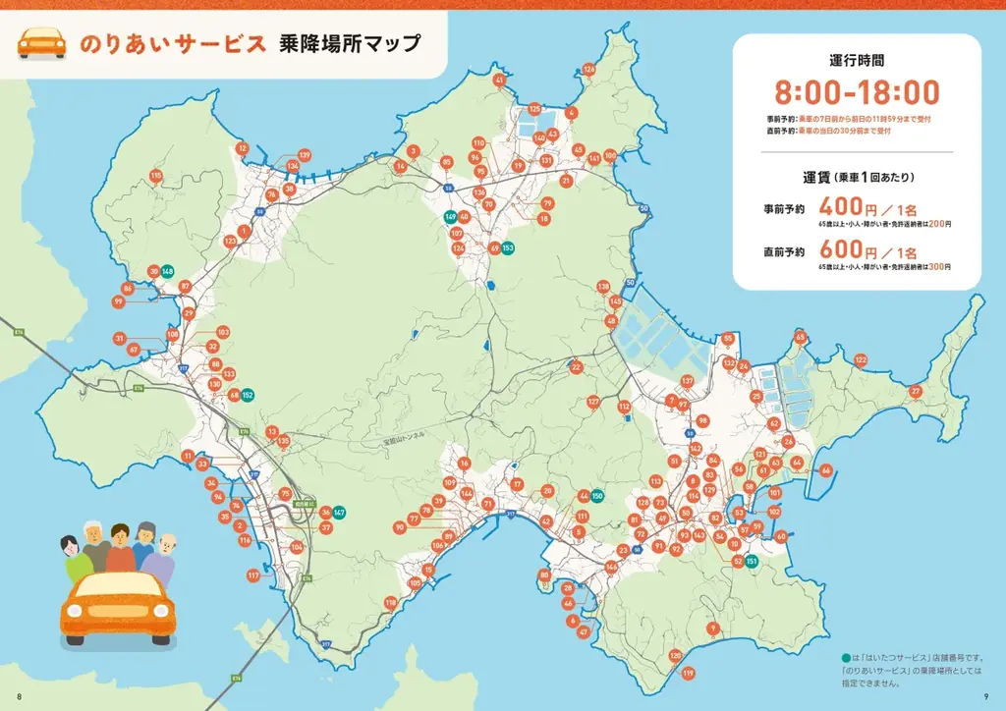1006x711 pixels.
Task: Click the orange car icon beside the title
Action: click(x=42, y=43)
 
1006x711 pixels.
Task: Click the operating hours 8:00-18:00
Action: click(x=857, y=93)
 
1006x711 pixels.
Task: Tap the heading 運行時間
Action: click(x=857, y=59)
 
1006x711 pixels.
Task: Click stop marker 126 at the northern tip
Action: click(x=588, y=70)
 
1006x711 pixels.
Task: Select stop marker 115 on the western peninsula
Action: click(x=155, y=177)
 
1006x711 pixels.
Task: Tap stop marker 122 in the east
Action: click(x=861, y=360)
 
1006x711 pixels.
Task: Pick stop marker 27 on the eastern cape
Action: click(x=916, y=392)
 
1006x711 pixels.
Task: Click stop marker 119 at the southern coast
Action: click(x=688, y=673)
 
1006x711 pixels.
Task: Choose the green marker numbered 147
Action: click(x=339, y=513)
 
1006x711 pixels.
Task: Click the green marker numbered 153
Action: click(x=508, y=248)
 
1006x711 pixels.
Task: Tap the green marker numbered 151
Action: click(x=752, y=562)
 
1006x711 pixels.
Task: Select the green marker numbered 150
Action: click(x=596, y=496)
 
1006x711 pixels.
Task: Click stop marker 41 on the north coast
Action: click(x=499, y=81)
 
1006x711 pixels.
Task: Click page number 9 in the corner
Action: click(x=984, y=697)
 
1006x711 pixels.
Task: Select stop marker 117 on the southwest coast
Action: click(x=252, y=574)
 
